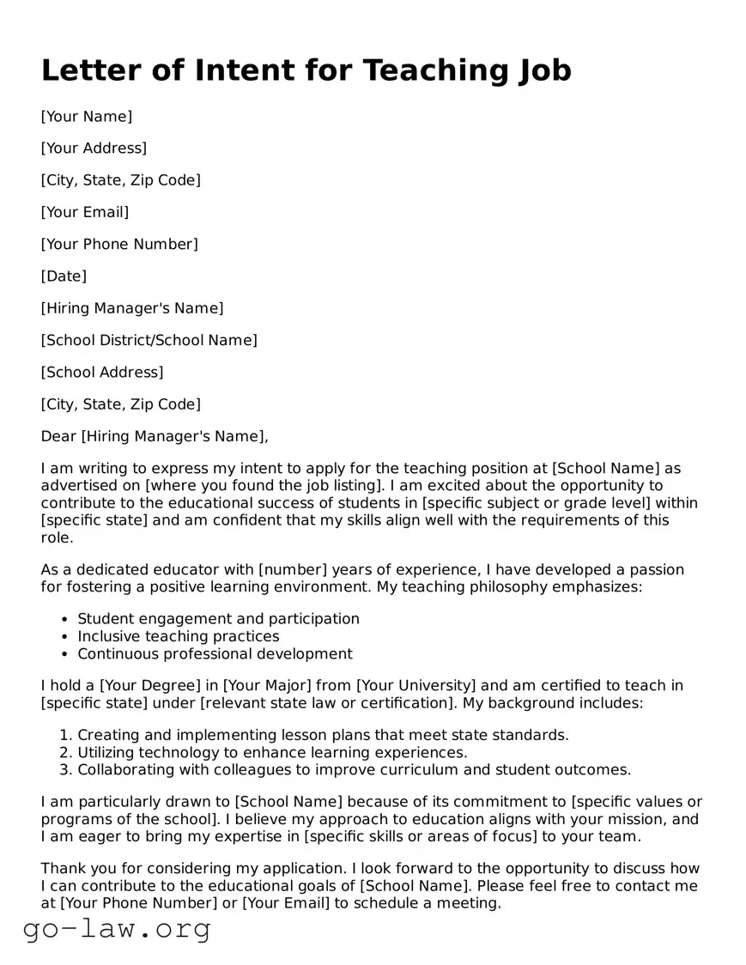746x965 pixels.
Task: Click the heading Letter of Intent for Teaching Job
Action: [x=306, y=71]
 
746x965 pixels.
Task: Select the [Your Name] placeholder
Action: [x=87, y=116]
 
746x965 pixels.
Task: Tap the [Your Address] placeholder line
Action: [x=94, y=148]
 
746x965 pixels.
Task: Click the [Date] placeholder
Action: [x=64, y=276]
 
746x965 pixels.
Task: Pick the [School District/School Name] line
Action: [x=149, y=340]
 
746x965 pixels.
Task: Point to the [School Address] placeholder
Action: [x=101, y=372]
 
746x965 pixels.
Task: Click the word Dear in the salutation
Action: [x=58, y=436]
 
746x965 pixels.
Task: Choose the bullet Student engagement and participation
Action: [x=218, y=619]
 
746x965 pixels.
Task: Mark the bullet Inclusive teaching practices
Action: [x=179, y=636]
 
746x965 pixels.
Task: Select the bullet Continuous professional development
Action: [x=215, y=654]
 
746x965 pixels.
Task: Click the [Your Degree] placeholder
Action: [x=149, y=686]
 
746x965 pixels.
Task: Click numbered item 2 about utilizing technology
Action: [x=272, y=753]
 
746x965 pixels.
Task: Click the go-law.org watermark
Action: [x=117, y=929]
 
